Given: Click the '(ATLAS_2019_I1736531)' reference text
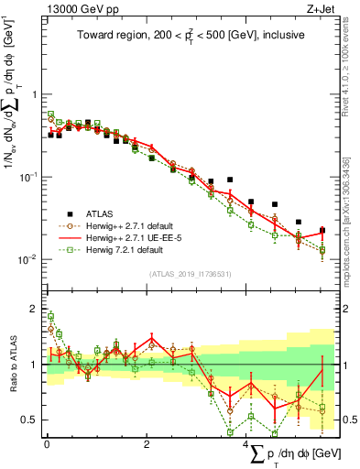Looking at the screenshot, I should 190,274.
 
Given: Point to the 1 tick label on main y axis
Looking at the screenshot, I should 34,94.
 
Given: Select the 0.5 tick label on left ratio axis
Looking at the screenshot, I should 30,420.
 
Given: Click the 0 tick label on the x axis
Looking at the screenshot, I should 47,444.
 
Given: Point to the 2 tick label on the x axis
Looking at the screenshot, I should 147,444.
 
